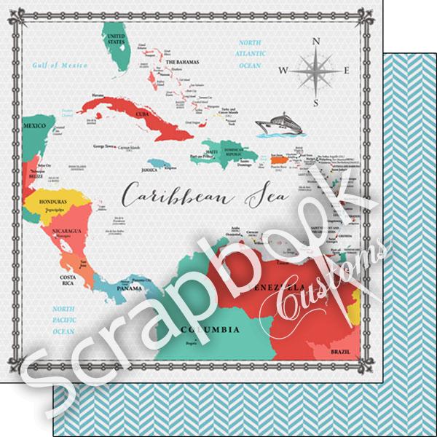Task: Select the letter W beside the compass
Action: pyautogui.click(x=283, y=71)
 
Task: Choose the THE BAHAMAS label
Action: pyautogui.click(x=182, y=63)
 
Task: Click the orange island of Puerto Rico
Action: pyautogui.click(x=279, y=157)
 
